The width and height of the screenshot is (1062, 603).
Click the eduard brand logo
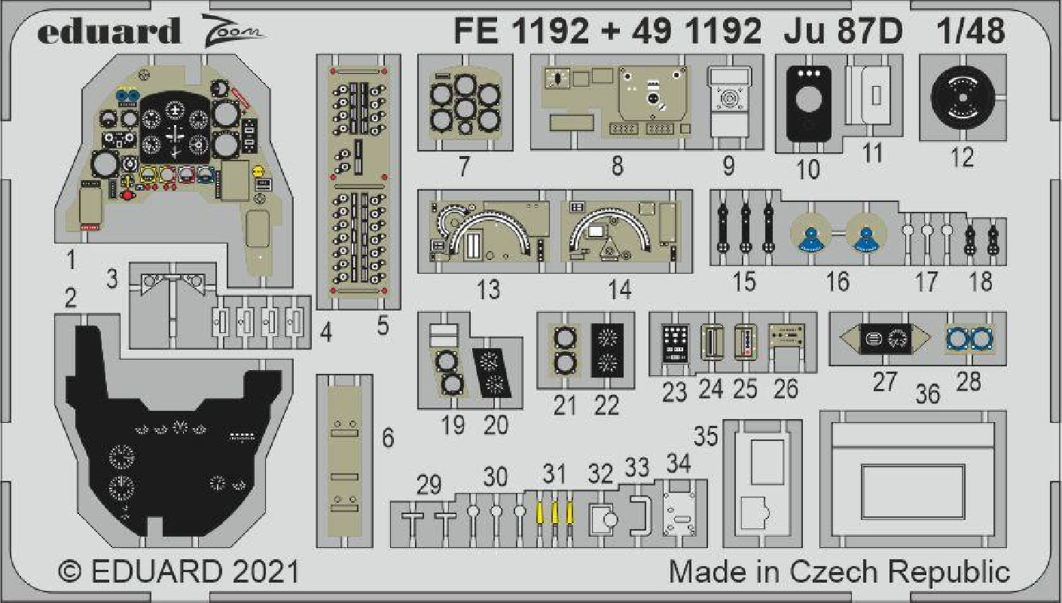[x=109, y=32]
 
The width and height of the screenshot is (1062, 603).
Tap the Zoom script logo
[x=233, y=30]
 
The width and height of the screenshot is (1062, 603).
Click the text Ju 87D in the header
[x=844, y=32]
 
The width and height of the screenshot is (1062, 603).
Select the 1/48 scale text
[x=971, y=32]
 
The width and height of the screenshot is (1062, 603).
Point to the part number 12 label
[x=963, y=157]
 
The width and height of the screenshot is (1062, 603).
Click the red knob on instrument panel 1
[x=127, y=195]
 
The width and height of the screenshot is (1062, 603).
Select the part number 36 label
[x=927, y=394]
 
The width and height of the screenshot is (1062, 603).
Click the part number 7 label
[x=464, y=167]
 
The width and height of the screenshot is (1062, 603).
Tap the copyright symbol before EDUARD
[x=70, y=571]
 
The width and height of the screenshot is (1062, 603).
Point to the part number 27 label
[x=885, y=382]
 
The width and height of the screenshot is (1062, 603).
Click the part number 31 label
[x=554, y=474]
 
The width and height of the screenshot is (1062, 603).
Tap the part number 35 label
[x=706, y=436]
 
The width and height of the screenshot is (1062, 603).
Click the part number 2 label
[x=71, y=298]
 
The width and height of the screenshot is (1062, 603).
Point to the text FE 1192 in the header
[x=521, y=32]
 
